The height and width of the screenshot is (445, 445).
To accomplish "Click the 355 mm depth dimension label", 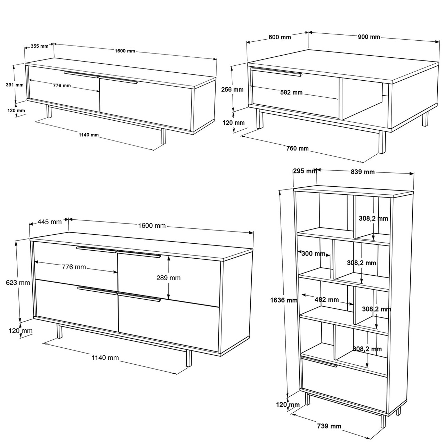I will coord(39,46).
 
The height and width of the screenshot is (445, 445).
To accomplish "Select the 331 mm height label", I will coord(15,84).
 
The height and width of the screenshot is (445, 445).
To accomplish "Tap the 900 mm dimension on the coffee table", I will coord(369,37).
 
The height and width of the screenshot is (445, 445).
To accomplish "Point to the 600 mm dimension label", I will coord(280,37).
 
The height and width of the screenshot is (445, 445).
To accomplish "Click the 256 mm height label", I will coord(232,89).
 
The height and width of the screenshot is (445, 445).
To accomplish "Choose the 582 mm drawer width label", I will coord(291,92).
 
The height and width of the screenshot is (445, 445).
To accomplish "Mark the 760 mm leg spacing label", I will coord(298,148).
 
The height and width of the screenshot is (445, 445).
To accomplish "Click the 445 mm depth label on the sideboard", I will coord(50,222).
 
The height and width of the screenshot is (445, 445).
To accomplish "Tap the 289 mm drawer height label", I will coord(169,278).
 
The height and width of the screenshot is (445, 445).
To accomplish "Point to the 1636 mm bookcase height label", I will coord(284,300).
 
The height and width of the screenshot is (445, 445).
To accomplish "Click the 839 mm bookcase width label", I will coord(363,172).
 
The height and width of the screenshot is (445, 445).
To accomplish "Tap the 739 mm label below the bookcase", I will coord(329,426).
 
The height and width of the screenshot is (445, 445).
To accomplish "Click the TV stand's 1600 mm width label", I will coord(125,51).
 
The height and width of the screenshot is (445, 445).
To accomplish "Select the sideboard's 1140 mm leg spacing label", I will coord(105,357).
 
